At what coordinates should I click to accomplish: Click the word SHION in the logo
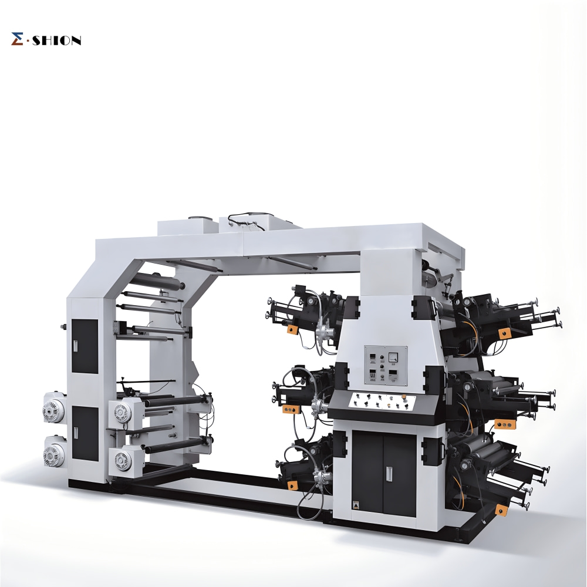(x=57, y=41)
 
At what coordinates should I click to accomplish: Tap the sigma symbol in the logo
(x=17, y=39)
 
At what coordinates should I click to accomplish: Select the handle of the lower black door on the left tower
(x=75, y=433)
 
